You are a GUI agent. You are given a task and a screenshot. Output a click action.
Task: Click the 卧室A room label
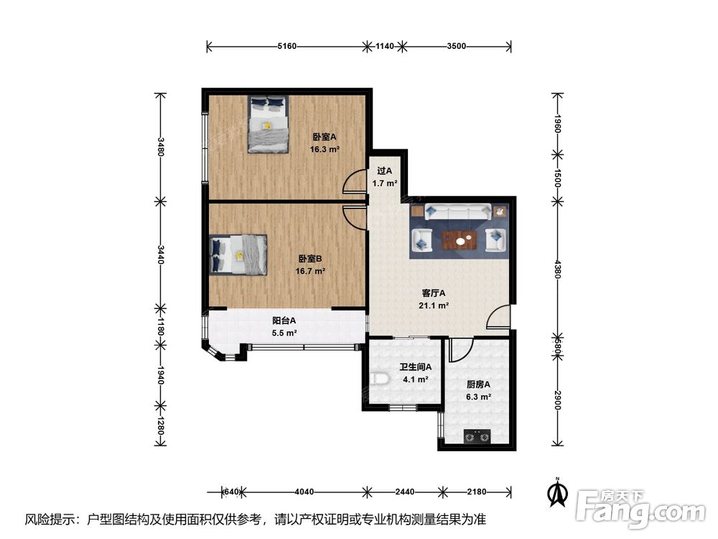(x=325, y=137)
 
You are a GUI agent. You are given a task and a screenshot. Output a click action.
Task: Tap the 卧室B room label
(x=310, y=259)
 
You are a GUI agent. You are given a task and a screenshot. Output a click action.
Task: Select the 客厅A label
(x=434, y=293)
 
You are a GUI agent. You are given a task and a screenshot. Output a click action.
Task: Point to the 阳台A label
(x=284, y=321)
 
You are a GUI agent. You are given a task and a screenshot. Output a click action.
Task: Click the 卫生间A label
(x=415, y=367)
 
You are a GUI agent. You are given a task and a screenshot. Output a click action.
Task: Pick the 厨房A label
(x=478, y=384)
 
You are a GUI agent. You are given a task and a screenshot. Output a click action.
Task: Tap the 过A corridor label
(x=385, y=171)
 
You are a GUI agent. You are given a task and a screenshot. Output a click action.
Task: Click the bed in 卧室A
(x=269, y=124)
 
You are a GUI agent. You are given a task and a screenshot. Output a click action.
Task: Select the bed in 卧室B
(x=238, y=255)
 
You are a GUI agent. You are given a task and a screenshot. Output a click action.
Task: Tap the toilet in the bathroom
(x=378, y=379)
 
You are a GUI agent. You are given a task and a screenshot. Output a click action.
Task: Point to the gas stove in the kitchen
(x=477, y=436)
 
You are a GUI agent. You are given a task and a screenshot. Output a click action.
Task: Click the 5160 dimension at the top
(x=287, y=46)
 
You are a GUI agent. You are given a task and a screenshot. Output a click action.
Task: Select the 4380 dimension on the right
(x=557, y=269)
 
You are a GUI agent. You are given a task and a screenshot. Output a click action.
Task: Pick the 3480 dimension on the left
(x=160, y=147)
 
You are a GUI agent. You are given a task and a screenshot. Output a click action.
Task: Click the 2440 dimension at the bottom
(x=405, y=492)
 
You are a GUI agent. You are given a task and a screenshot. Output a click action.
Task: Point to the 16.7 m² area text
(x=310, y=272)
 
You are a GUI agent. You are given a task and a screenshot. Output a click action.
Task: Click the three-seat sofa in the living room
(x=458, y=212)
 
